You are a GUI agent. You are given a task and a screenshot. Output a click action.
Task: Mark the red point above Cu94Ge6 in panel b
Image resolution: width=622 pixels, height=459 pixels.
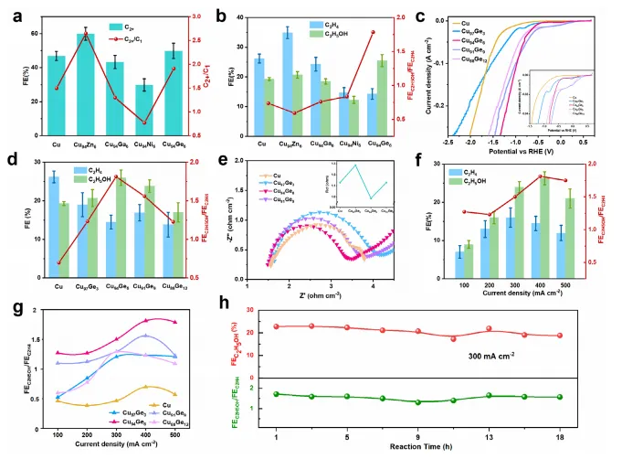[373, 32]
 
